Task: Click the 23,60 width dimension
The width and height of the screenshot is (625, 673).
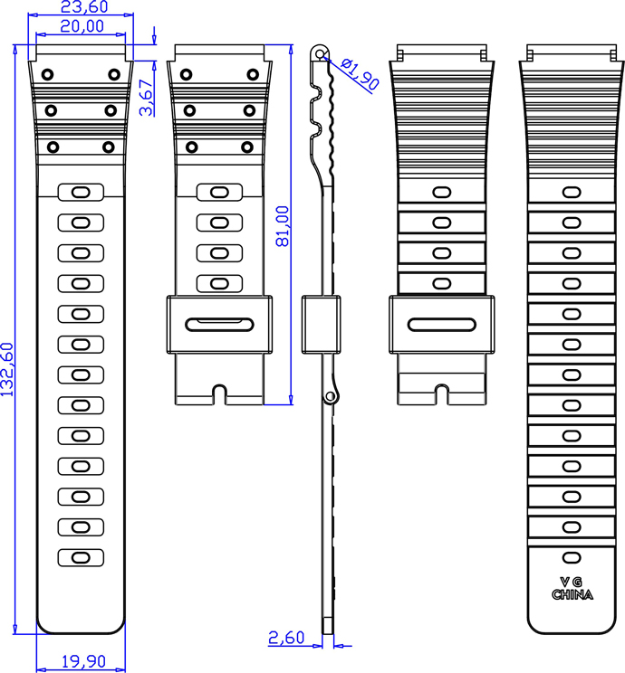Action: pyautogui.click(x=83, y=8)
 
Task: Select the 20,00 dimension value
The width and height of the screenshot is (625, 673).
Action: pyautogui.click(x=82, y=26)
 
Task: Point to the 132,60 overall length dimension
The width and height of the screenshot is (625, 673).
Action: pyautogui.click(x=8, y=369)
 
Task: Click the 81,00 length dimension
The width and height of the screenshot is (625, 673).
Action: pyautogui.click(x=283, y=226)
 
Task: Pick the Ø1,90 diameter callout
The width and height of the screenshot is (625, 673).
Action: pyautogui.click(x=361, y=73)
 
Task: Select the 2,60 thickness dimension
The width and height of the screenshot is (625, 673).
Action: pyautogui.click(x=286, y=639)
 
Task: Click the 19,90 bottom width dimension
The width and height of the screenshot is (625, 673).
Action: pyautogui.click(x=82, y=661)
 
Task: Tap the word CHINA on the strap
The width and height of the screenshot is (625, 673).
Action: pyautogui.click(x=572, y=595)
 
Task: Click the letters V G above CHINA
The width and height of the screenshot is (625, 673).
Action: pyautogui.click(x=572, y=581)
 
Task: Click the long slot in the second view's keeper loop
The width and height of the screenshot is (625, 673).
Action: pyautogui.click(x=218, y=324)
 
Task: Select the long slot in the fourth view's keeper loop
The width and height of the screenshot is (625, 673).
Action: pyautogui.click(x=442, y=324)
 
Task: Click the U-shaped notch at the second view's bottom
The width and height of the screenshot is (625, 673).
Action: pyautogui.click(x=219, y=394)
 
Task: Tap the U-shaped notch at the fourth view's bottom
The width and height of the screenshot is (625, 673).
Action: pyautogui.click(x=442, y=394)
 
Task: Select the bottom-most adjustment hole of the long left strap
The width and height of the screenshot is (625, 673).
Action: pyautogui.click(x=81, y=557)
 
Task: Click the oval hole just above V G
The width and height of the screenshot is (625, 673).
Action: pyautogui.click(x=572, y=556)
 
